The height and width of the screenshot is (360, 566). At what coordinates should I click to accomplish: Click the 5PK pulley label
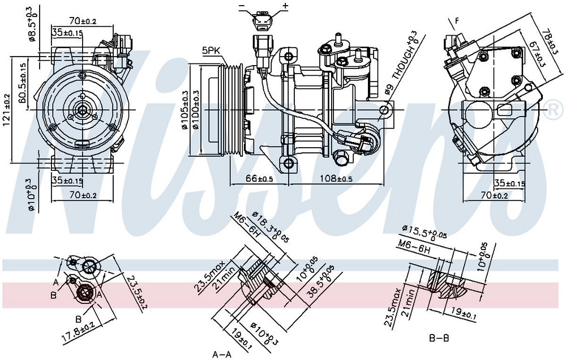(x=211, y=50)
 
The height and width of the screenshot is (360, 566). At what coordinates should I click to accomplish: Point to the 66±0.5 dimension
(x=259, y=179)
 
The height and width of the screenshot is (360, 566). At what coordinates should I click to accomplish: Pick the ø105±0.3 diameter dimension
(x=185, y=110)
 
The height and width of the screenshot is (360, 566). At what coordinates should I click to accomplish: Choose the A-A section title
(x=222, y=354)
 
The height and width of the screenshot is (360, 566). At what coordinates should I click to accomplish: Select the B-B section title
(x=439, y=339)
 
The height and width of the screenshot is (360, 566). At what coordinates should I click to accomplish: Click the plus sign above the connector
(x=285, y=6)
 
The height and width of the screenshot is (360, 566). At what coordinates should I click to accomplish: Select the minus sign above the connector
(x=242, y=6)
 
